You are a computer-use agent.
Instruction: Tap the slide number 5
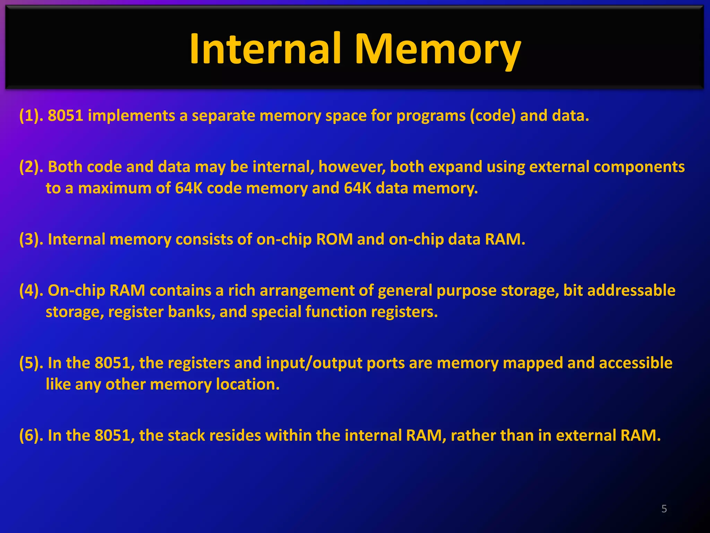pos(664,509)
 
